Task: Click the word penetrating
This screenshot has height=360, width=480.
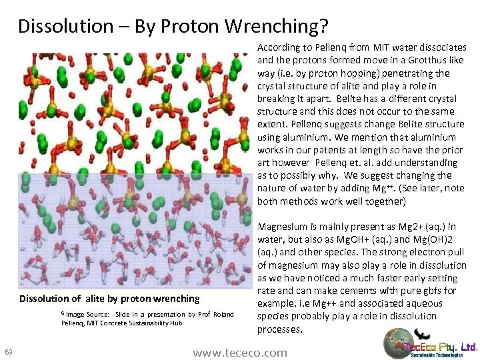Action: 411,73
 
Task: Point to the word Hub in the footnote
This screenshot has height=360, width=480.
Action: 176,323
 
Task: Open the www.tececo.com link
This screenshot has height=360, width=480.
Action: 239,353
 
